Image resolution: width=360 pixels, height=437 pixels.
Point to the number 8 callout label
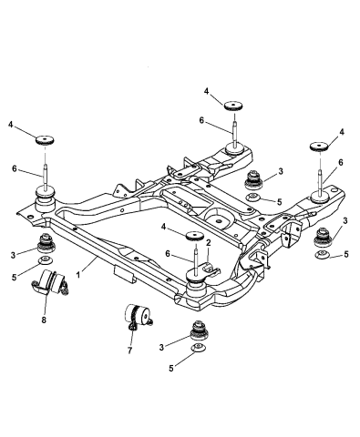[x=43, y=320]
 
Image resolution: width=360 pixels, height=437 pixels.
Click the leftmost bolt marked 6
[x=43, y=169]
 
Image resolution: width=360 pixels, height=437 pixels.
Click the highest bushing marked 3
[x=256, y=178]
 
